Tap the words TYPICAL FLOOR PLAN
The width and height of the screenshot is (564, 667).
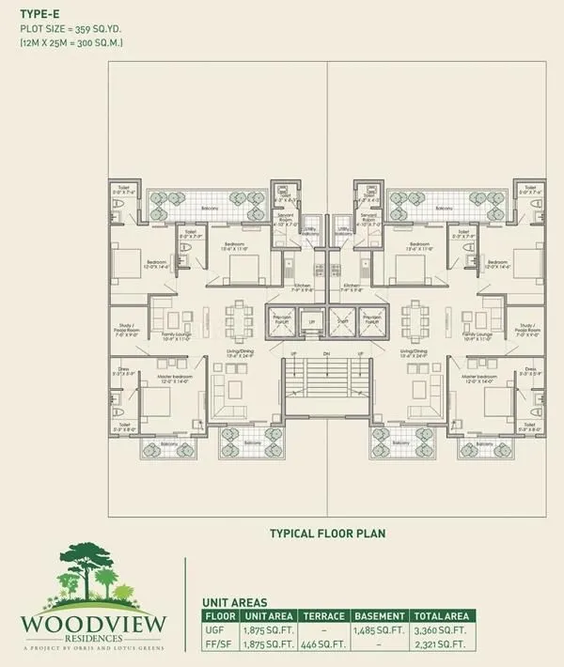tap(327, 533)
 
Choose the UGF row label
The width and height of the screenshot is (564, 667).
tap(217, 631)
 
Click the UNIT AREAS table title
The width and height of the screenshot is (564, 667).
tap(235, 602)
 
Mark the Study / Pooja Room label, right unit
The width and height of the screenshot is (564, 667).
tap(528, 330)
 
